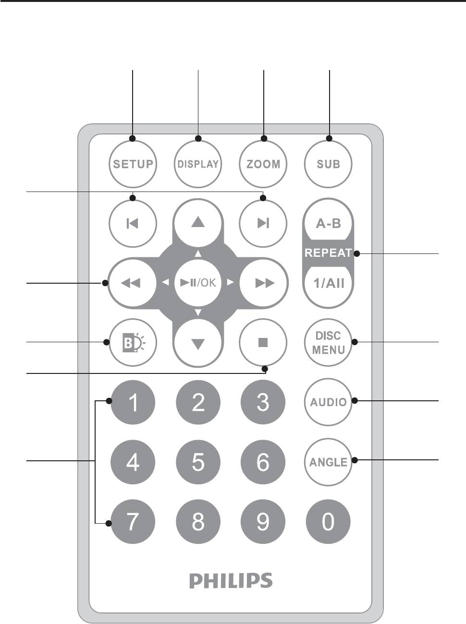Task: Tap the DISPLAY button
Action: coord(198,164)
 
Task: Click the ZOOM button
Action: coord(263,164)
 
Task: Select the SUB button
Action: coord(328,164)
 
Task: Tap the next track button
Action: coord(263,224)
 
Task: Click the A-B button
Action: coord(328,224)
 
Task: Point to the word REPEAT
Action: coord(328,253)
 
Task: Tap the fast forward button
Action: coord(264,283)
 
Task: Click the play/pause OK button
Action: coord(198,283)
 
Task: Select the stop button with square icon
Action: coord(263,342)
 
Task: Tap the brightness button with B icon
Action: coord(133,342)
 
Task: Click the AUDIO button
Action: coord(328,402)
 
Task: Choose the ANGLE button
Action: coord(328,462)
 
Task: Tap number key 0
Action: coord(328,522)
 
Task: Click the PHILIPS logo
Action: coord(231,580)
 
